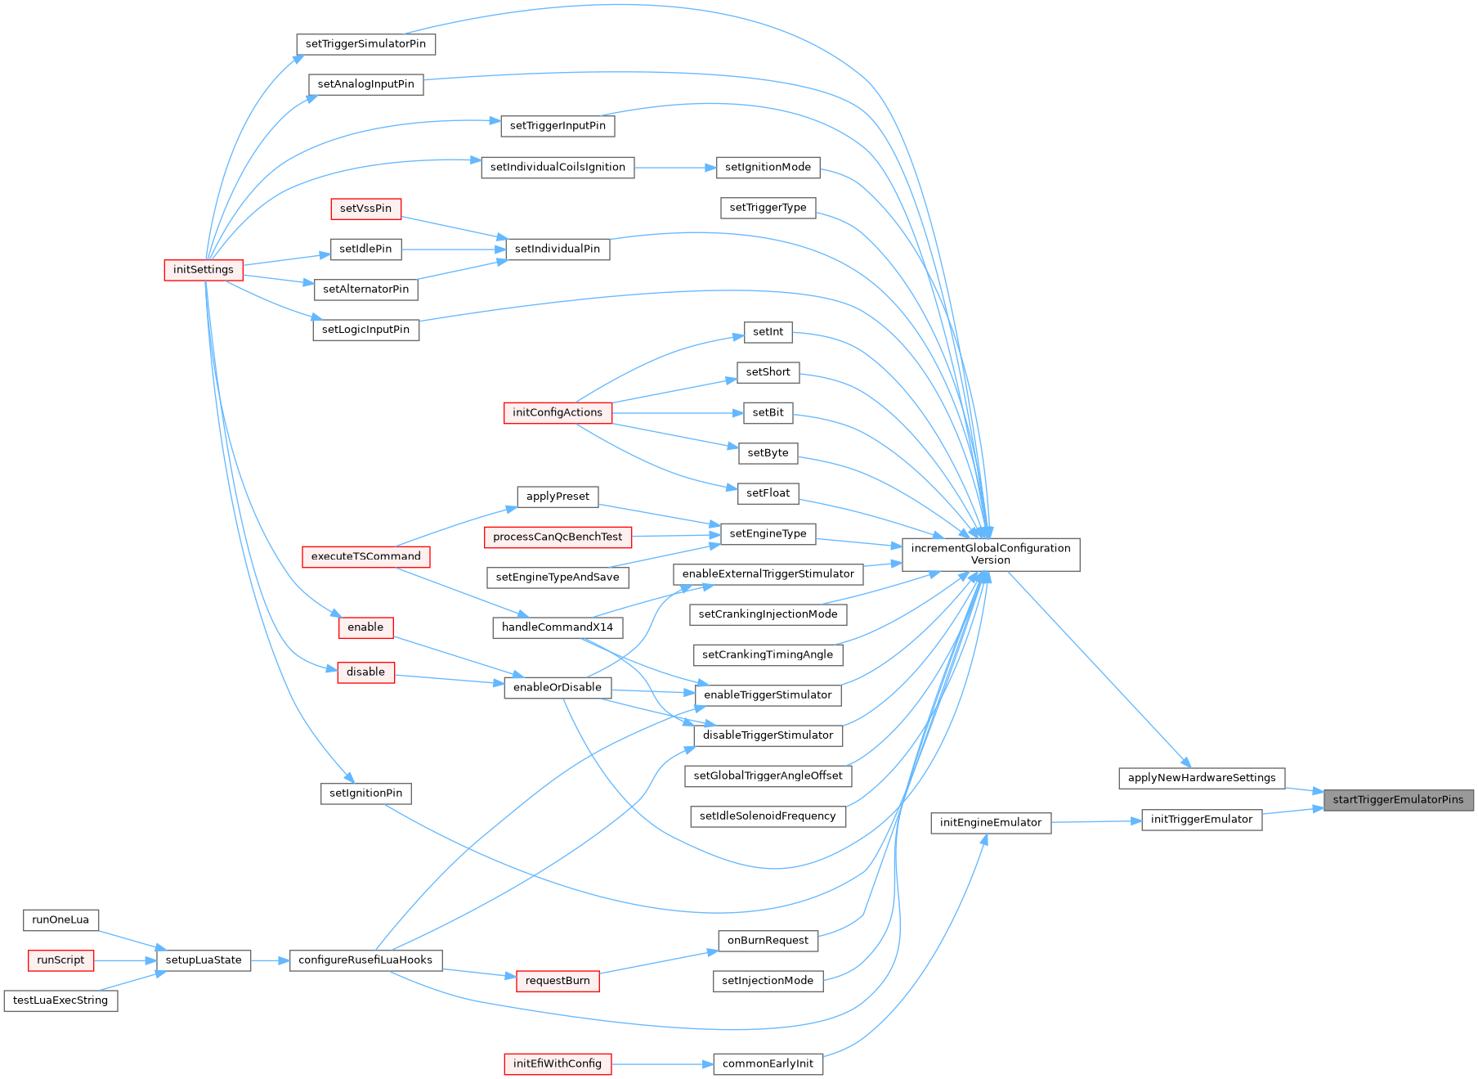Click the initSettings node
coord(203,270)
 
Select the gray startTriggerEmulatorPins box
coord(1398,800)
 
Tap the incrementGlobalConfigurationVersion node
coord(990,555)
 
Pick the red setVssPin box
coord(365,209)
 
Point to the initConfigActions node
coord(557,413)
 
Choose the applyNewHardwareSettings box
coord(1201,778)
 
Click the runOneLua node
coord(60,920)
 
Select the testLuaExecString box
coord(60,1000)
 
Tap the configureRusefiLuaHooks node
coord(365,960)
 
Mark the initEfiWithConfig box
coord(557,1064)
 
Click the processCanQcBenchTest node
coord(558,537)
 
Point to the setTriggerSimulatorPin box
coord(365,44)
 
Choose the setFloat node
coord(768,493)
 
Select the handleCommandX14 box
coord(558,627)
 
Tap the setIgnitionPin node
coord(365,794)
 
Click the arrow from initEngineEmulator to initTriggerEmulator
coord(1095,821)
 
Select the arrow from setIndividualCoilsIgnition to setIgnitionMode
coord(674,168)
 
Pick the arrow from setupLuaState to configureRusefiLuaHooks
coord(270,960)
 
